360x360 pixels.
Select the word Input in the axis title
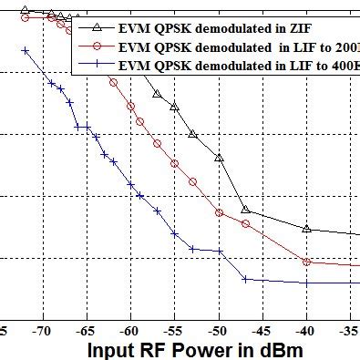click(113, 350)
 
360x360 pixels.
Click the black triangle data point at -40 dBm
click(307, 229)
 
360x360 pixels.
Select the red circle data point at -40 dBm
click(307, 262)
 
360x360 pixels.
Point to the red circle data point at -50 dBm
click(219, 213)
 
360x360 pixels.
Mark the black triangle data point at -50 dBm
click(219, 158)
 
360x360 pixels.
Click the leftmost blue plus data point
click(26, 51)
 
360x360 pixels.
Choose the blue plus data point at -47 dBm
click(245, 279)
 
